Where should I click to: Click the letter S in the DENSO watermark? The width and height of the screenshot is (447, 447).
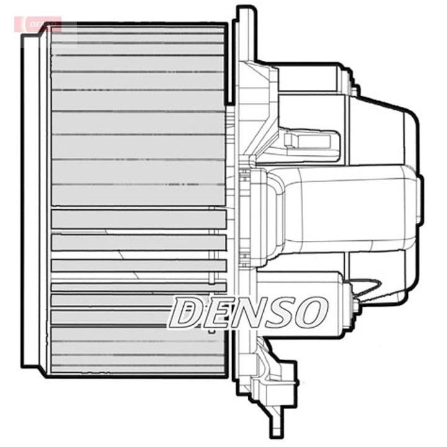(x=279, y=312)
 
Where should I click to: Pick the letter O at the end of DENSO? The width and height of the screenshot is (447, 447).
(x=310, y=312)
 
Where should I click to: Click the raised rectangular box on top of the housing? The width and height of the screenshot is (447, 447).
(x=310, y=77)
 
